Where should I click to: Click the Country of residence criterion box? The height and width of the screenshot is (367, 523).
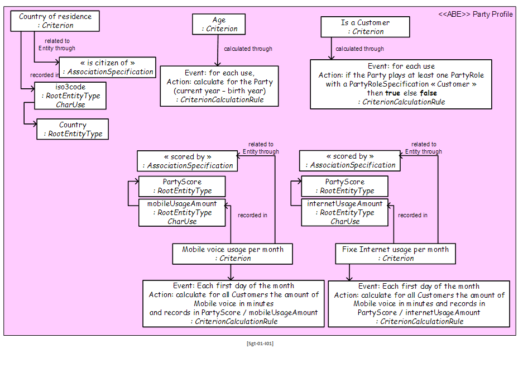coord(55,21)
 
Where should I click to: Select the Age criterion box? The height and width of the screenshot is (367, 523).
coord(219,24)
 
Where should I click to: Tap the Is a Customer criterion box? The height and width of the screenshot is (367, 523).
coord(365,27)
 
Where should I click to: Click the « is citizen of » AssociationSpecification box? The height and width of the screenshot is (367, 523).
coord(107,67)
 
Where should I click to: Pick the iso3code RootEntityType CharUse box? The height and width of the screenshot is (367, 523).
coord(70,96)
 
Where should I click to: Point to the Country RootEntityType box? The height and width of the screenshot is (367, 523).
coord(73,129)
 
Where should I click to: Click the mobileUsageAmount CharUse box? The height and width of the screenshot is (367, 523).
coord(182,213)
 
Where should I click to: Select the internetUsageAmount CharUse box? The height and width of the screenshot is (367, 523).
coord(345,212)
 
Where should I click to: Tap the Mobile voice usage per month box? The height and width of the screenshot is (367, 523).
coord(233,254)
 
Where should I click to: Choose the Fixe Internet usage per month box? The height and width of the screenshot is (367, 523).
coord(396,254)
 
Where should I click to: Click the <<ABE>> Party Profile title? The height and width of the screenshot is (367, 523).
coord(476,15)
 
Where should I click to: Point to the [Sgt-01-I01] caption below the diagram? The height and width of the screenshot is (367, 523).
coord(260,344)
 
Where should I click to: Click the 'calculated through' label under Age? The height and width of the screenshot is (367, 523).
coord(248,49)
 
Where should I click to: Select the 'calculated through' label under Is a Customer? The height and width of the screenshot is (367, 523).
coord(359,49)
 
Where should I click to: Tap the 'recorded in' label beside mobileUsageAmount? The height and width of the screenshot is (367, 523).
coord(252,216)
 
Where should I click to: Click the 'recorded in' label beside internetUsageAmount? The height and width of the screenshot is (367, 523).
coord(412,216)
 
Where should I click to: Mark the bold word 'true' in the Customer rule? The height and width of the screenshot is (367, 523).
coord(392,93)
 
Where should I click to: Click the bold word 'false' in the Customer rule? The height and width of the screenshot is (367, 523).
coord(428,93)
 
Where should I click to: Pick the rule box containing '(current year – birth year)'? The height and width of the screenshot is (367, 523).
coord(219,86)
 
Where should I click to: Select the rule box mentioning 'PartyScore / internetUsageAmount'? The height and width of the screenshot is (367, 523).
coord(419,304)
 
